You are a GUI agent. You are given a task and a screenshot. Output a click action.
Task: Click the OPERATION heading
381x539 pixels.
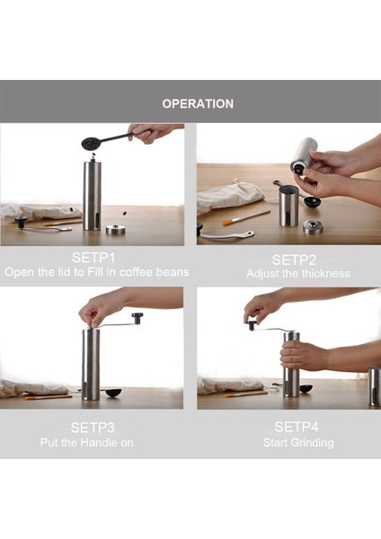[x=198, y=104]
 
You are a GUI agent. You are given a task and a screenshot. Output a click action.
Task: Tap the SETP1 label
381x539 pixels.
[x=93, y=258]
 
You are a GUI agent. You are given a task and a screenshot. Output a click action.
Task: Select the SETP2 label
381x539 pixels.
[x=294, y=260]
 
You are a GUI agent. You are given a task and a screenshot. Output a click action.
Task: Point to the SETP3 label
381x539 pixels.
[x=93, y=428]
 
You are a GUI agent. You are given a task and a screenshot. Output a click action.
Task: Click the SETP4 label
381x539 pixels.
[x=297, y=427]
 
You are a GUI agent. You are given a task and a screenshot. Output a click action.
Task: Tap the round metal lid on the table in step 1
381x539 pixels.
[x=116, y=229]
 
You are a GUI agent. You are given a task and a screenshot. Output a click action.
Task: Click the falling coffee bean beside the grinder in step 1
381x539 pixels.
[x=125, y=214]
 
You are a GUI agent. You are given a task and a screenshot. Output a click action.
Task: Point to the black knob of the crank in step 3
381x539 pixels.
[x=137, y=318]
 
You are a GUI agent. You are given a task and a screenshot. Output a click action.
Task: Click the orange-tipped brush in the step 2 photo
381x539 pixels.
[x=246, y=218]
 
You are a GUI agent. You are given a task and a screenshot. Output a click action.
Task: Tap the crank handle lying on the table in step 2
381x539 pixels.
[x=226, y=234]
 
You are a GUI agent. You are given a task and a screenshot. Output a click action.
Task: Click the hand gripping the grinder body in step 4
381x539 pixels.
[x=302, y=357]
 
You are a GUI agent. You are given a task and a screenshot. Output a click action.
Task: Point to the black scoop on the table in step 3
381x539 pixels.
[x=113, y=393]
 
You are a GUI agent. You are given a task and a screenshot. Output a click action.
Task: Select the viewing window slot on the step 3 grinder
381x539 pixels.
[x=85, y=388]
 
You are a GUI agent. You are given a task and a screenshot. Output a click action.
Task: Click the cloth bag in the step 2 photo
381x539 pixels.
[x=230, y=196]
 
